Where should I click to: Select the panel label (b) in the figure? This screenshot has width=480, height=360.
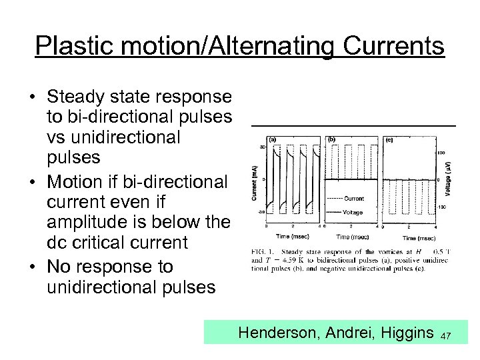(x=331, y=140)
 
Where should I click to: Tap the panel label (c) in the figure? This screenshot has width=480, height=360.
(x=389, y=140)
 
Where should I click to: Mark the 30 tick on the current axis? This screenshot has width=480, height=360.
(x=263, y=147)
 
